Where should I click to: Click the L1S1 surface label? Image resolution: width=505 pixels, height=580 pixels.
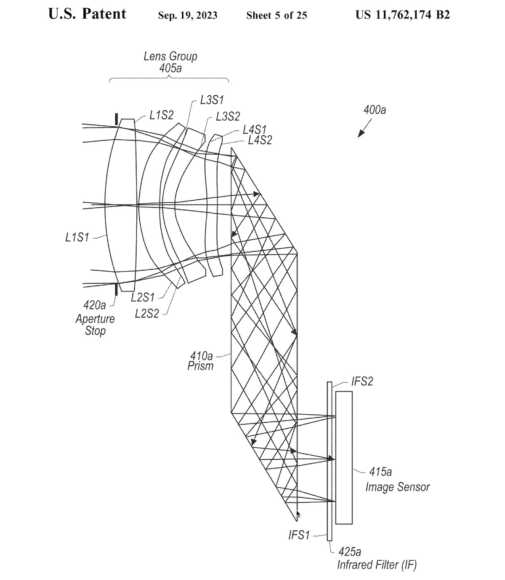point(77,237)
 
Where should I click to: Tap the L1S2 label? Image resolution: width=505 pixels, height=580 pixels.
point(161,115)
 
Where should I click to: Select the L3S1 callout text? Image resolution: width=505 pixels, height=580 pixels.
point(212,100)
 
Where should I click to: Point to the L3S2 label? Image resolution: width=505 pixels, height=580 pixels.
point(228,117)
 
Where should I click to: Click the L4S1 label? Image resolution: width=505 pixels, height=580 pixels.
point(255,130)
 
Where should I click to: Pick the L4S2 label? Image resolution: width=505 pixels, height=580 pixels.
point(260,140)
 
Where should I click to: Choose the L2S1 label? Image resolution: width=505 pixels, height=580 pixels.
point(143,297)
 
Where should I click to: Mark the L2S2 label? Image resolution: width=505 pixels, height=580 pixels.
point(147,313)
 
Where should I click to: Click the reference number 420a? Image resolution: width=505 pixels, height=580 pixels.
point(95,305)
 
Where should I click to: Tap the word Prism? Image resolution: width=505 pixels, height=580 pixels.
point(200,366)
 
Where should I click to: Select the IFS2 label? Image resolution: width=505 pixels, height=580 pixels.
point(362,382)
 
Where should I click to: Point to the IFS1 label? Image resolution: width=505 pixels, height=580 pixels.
point(299,535)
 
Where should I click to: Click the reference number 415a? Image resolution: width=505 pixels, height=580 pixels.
point(380,471)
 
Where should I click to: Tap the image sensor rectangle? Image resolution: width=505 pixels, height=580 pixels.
point(344,457)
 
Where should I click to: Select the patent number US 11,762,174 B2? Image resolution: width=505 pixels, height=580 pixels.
point(402,15)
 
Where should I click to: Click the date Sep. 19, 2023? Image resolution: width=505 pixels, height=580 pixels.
point(188,16)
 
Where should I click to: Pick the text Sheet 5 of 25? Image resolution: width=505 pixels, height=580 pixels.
point(276,16)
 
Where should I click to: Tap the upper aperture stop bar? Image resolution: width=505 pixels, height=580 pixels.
point(116,119)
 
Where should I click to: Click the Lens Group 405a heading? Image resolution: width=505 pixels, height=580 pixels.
point(170,62)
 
